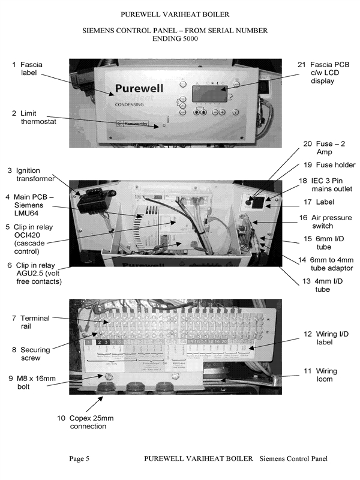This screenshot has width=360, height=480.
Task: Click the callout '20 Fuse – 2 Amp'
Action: coord(325,148)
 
